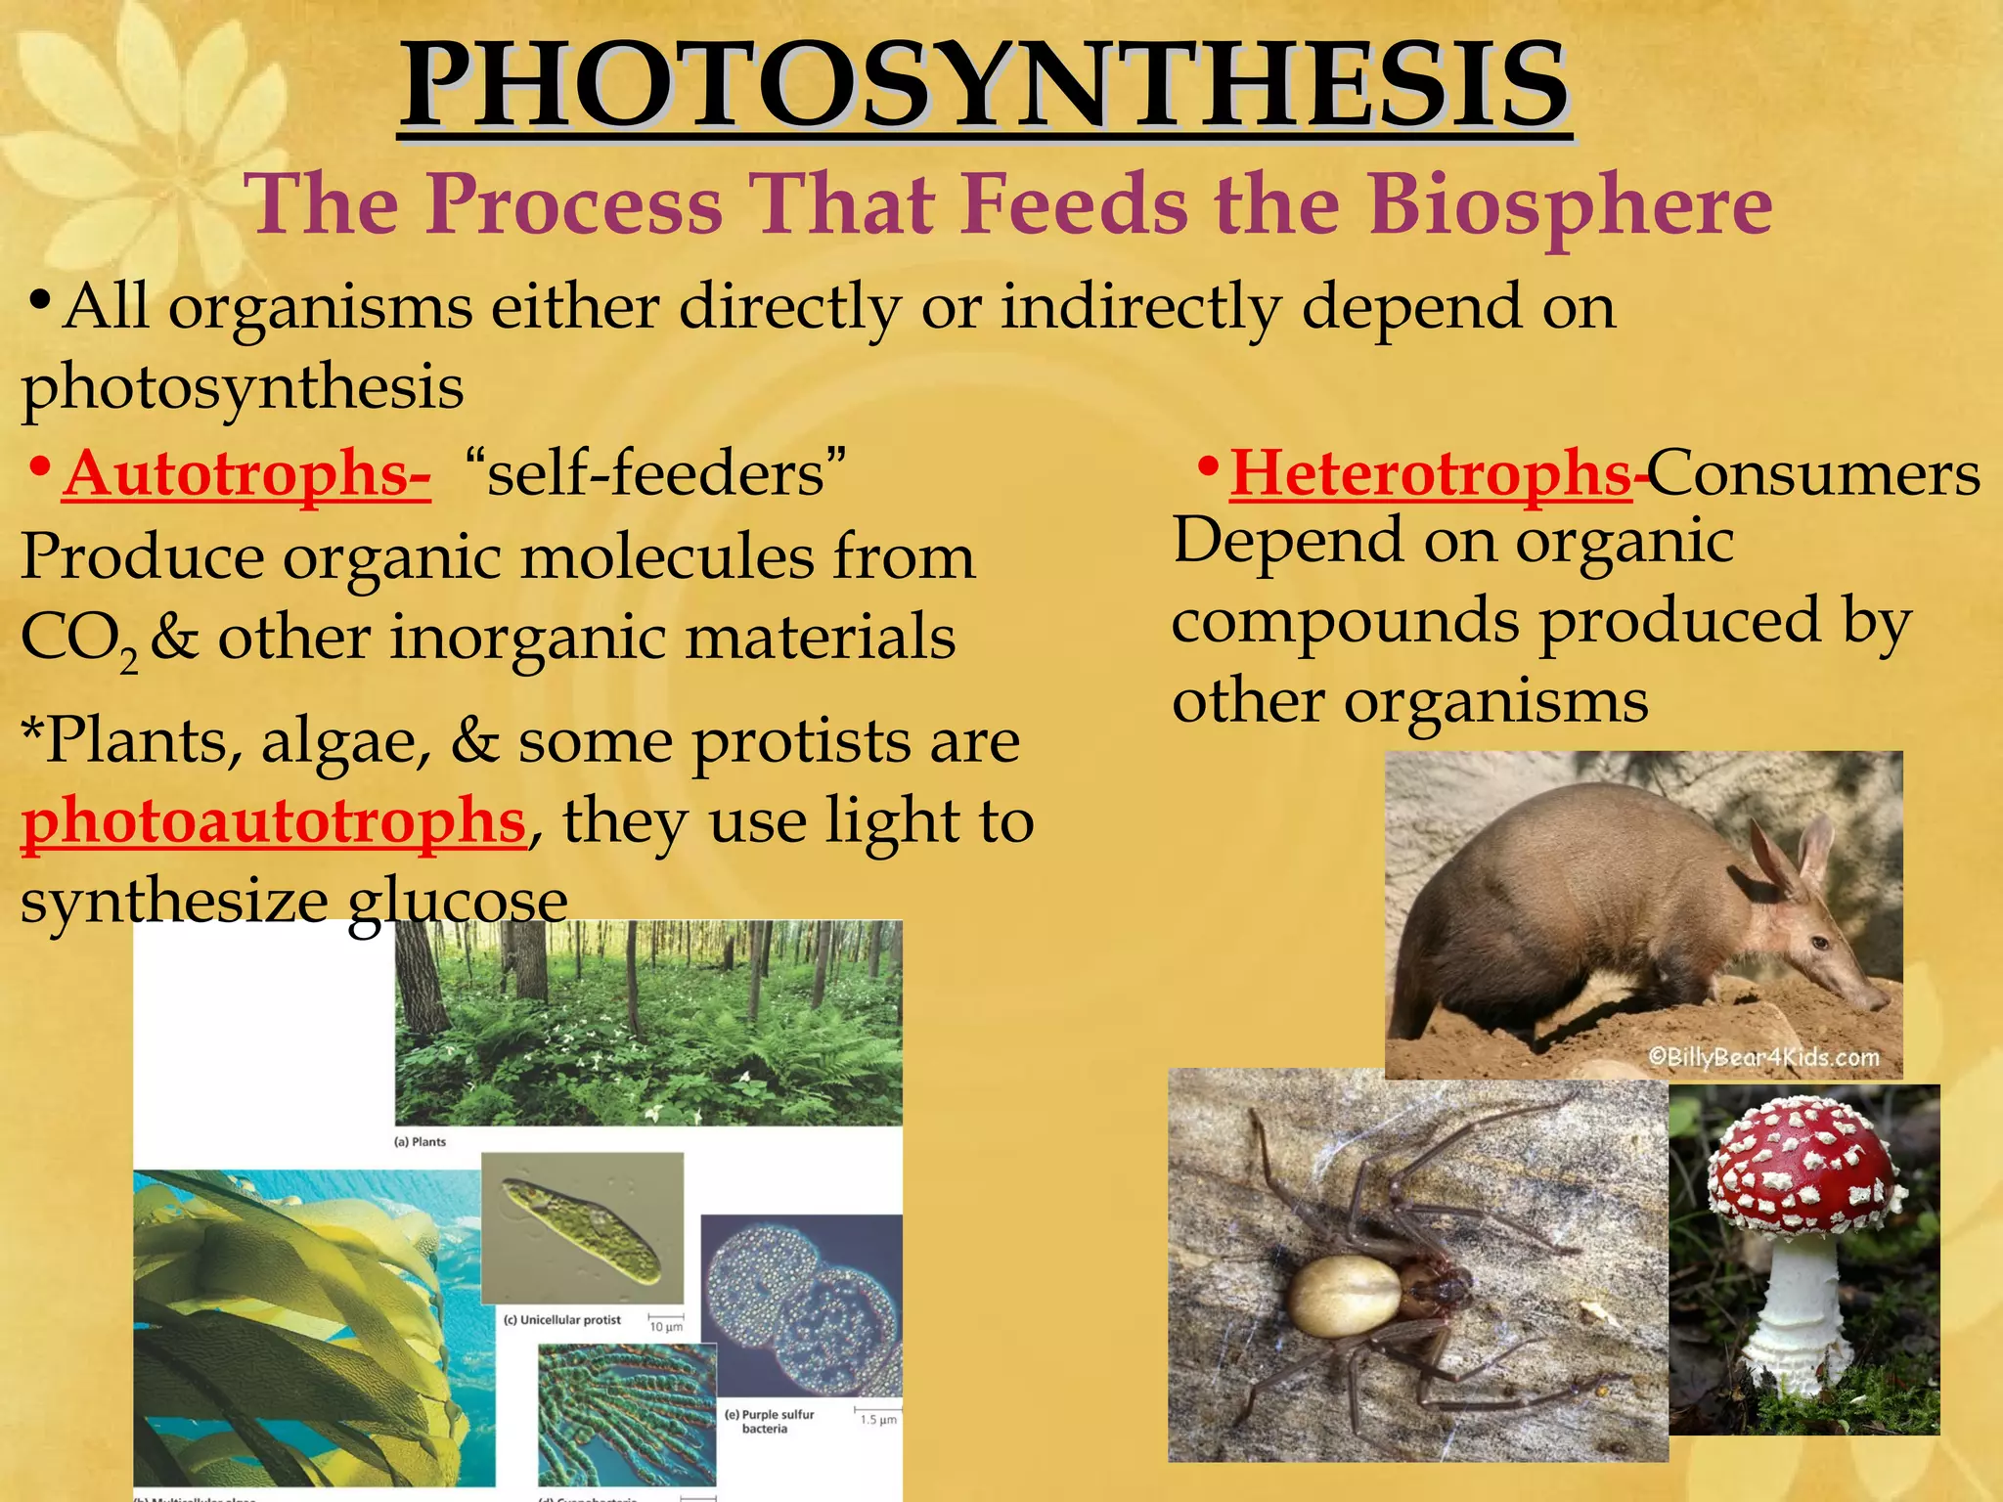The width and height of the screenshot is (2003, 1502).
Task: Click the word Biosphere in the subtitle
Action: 1569,205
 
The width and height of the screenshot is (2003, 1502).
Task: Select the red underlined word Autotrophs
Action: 245,474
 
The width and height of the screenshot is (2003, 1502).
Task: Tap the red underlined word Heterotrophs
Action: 1430,474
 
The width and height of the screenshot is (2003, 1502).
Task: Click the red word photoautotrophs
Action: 274,821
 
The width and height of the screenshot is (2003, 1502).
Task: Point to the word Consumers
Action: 1814,474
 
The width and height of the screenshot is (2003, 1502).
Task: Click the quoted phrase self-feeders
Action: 656,474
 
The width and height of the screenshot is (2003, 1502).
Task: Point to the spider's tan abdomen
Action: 1344,1297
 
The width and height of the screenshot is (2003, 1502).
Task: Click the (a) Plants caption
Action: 420,1141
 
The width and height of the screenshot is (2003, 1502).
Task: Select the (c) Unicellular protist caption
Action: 562,1319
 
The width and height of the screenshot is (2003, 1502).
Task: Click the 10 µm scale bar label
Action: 665,1327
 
